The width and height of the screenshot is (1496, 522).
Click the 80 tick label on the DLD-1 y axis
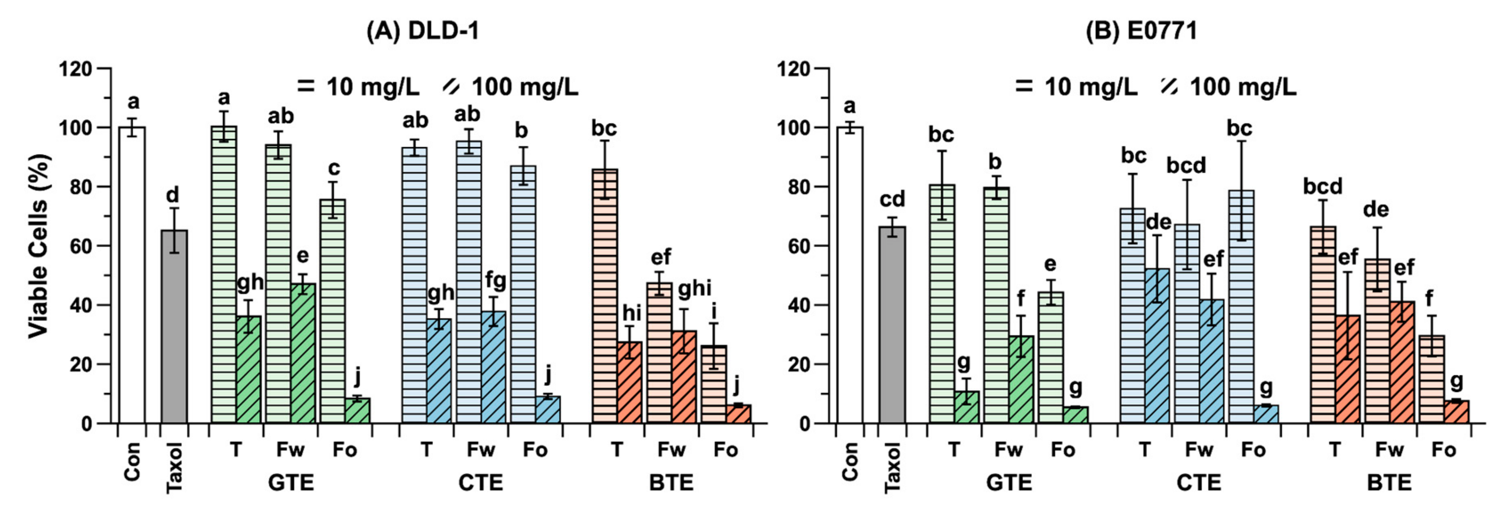[x=77, y=187]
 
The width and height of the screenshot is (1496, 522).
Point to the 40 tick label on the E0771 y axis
[x=796, y=306]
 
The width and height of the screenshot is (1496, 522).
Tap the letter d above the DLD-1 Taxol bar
[x=173, y=195]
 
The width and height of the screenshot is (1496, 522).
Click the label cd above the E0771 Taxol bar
[x=892, y=199]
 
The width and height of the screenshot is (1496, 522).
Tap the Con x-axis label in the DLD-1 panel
[x=133, y=462]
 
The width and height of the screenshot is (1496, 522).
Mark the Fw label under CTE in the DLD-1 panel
[x=481, y=450]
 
